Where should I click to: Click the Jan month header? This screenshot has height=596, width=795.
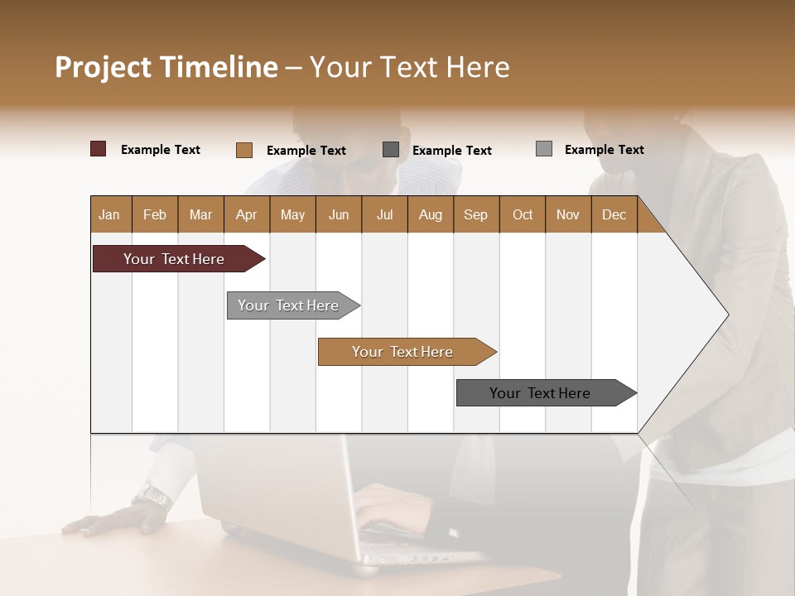pos(110,214)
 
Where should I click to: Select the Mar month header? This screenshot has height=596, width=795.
pos(200,214)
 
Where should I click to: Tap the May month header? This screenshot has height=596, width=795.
pos(292,214)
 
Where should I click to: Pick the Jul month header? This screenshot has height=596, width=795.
pos(384,214)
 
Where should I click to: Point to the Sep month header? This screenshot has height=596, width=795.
pos(475,214)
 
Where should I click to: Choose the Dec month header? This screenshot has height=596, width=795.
pos(614,214)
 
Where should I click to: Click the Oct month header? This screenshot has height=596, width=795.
pos(523,214)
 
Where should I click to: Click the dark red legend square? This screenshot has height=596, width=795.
pos(99,149)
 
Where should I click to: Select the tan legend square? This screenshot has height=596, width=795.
pos(244,150)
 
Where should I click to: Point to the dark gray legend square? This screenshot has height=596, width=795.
pos(391,150)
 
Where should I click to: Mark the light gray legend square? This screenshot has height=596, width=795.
pos(544,149)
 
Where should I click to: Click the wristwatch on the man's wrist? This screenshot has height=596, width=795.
pos(152,497)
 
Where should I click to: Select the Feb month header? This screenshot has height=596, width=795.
pos(155,214)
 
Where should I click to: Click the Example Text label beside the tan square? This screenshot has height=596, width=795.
pos(306,151)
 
